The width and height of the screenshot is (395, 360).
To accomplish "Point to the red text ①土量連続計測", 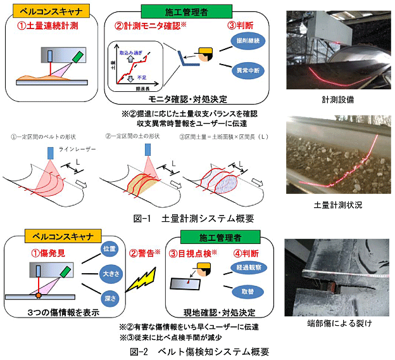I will coord(46,27).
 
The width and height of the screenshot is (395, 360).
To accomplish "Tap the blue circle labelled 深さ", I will coord(110,297).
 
